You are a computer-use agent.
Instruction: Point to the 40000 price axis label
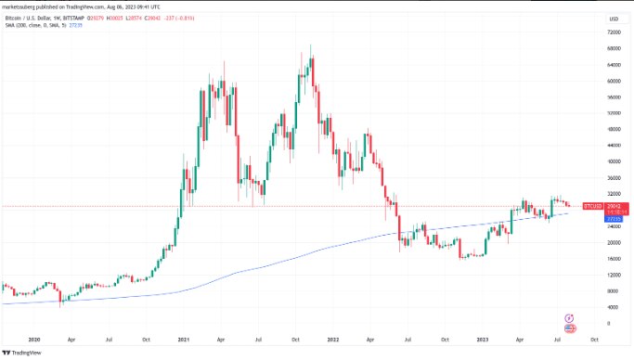(614, 161)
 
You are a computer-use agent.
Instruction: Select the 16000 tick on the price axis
(614, 259)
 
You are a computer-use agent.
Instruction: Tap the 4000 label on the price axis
(614, 307)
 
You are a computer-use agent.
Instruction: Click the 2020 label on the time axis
(34, 340)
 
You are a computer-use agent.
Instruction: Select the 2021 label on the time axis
(183, 340)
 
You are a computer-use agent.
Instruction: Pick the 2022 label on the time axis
(331, 340)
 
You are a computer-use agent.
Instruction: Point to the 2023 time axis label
(481, 340)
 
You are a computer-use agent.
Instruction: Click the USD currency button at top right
(614, 19)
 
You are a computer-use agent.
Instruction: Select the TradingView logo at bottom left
(28, 353)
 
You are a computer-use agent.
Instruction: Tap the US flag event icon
(569, 328)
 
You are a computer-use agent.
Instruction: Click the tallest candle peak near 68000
(310, 46)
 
